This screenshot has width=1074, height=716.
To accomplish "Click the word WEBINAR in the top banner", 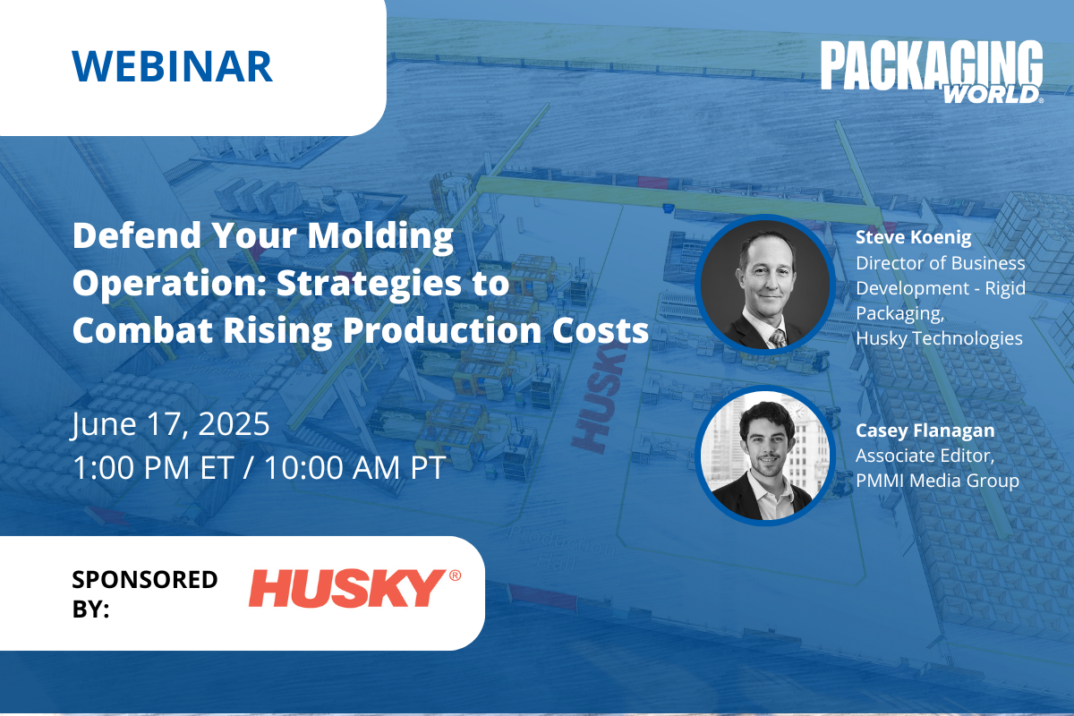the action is (173, 66).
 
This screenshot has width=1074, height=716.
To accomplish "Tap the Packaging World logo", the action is (932, 72).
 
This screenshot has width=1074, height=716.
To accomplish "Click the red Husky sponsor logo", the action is (354, 588).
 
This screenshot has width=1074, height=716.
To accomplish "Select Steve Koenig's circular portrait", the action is (765, 285).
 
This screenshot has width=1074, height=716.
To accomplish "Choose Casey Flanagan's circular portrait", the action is (765, 456).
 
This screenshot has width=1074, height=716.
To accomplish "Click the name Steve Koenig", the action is (914, 237).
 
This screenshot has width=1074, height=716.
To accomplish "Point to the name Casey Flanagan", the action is (925, 430).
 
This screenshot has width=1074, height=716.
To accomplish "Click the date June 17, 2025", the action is (171, 425).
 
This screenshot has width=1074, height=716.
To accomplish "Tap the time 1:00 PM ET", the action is (153, 467).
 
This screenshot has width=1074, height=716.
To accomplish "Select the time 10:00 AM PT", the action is (354, 467).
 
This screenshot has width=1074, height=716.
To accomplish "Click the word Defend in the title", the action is (137, 235).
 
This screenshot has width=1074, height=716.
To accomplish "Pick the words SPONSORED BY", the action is (145, 593).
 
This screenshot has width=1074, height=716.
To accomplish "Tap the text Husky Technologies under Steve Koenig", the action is (939, 338).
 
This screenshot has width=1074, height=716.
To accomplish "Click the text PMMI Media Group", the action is (937, 481).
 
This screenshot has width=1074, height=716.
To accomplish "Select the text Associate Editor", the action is (925, 456).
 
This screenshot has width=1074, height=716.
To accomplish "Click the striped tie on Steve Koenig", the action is (777, 338).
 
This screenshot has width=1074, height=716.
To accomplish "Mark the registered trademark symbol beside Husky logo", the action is (455, 575).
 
